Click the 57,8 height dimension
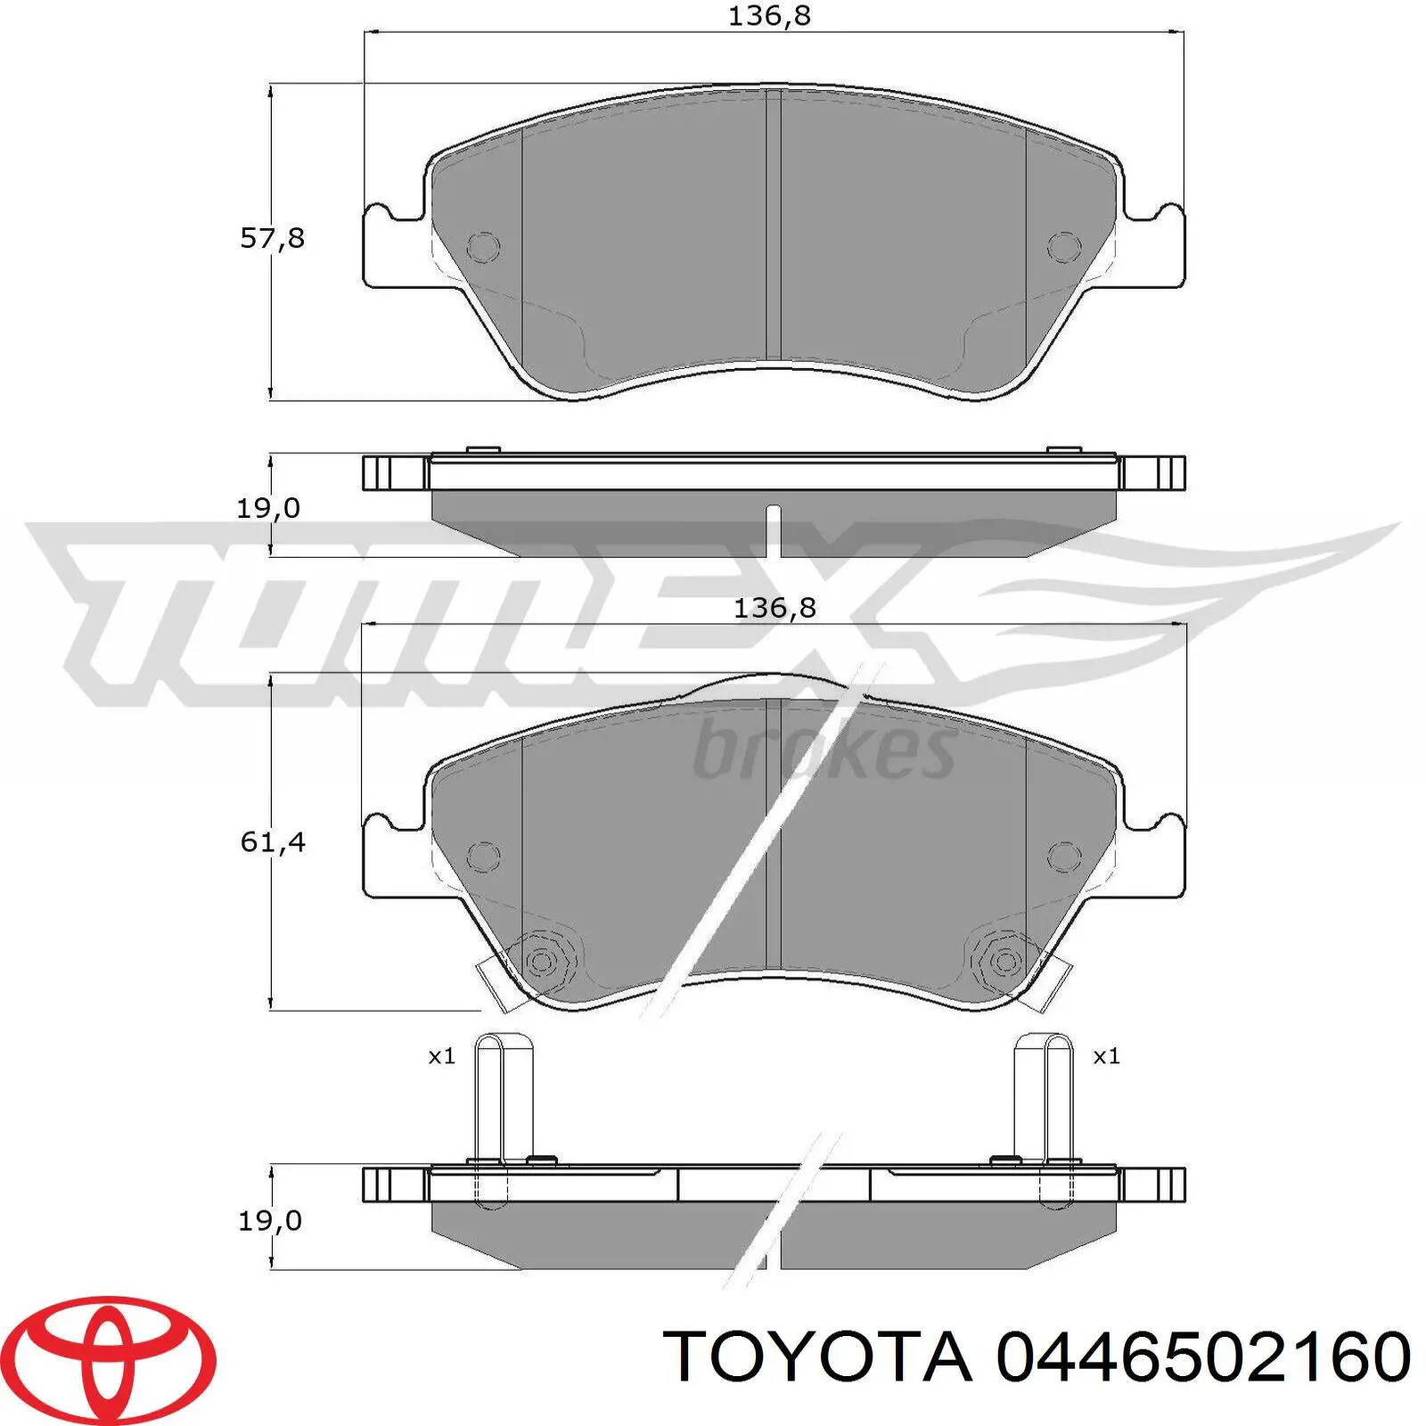(x=273, y=239)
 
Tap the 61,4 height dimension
(x=273, y=842)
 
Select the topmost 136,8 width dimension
(x=769, y=16)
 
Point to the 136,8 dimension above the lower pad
(x=774, y=608)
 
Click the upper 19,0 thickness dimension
(x=267, y=509)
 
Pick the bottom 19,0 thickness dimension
(x=269, y=1220)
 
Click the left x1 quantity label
(x=442, y=1057)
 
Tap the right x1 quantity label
(x=1106, y=1057)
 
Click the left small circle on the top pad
(x=483, y=247)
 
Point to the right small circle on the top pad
(x=1063, y=247)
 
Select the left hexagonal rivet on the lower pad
(x=541, y=962)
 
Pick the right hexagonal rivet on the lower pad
(x=1004, y=962)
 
